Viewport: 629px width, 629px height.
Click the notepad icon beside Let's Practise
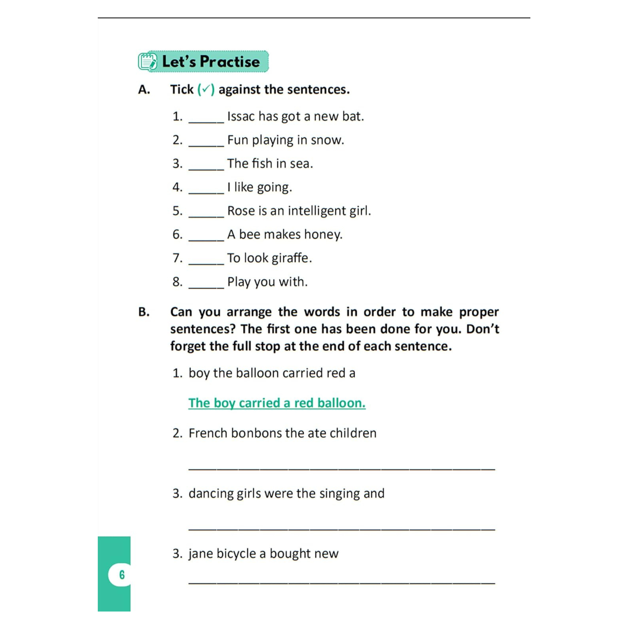point(147,62)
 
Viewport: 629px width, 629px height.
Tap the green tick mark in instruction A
point(206,89)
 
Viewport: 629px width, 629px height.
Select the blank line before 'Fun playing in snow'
point(206,143)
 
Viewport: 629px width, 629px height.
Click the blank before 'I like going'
point(206,190)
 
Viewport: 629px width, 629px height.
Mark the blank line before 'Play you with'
point(206,285)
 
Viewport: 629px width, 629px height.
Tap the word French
point(208,433)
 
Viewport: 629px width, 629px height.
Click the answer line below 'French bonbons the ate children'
point(342,468)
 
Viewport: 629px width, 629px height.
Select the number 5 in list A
point(177,211)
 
